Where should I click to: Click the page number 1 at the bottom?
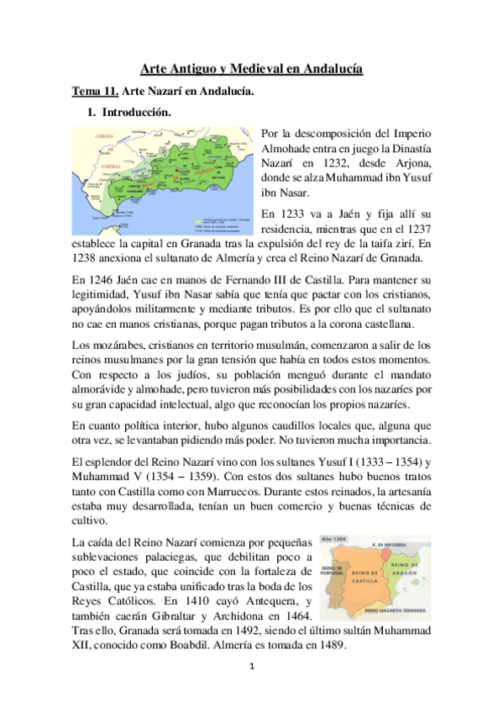point(251,667)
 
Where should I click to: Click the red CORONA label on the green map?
point(104,135)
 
